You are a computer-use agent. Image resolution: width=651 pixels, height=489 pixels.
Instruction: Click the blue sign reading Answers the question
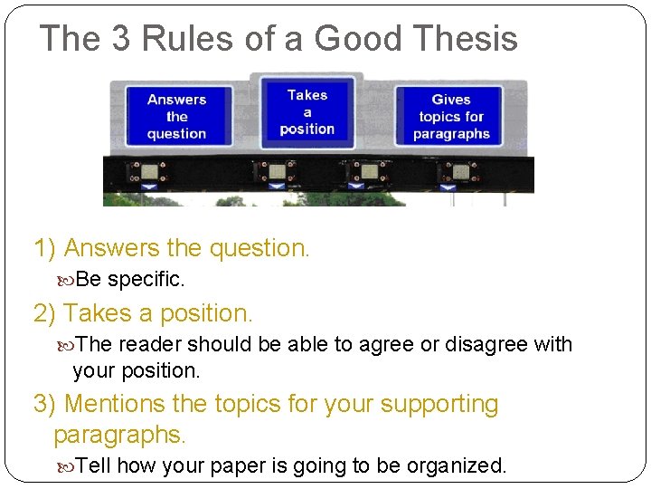[x=177, y=116]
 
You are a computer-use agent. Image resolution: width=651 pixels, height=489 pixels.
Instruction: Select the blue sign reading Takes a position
[x=307, y=111]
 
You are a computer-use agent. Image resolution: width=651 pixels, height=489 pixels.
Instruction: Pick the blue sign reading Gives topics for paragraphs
[x=451, y=117]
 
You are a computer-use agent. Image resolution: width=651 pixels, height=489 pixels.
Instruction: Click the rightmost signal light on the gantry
[x=460, y=171]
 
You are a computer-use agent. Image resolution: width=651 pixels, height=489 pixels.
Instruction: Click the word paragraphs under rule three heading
[x=119, y=435]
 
